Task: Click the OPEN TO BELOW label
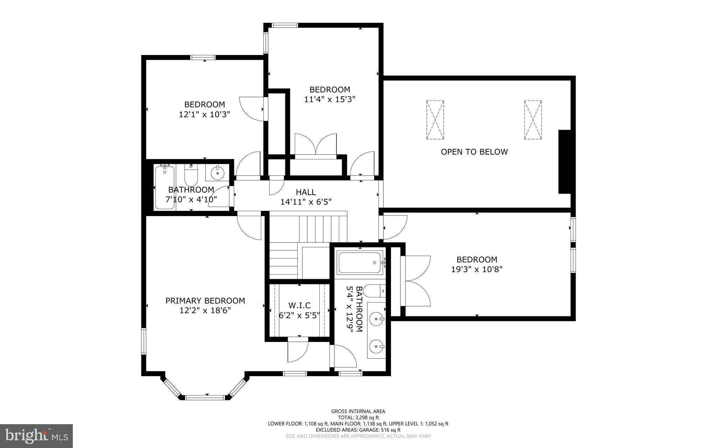(x=474, y=152)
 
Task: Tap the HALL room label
(x=306, y=192)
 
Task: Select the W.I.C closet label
(x=299, y=305)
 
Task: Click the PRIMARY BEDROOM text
(x=205, y=301)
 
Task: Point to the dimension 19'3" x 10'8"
(x=476, y=269)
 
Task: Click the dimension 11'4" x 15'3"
(x=329, y=99)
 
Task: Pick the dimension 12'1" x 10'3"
(x=204, y=114)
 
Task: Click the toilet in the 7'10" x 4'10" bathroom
(x=191, y=176)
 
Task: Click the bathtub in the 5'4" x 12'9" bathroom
(x=360, y=263)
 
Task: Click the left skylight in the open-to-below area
(x=435, y=120)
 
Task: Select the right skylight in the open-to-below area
(x=533, y=120)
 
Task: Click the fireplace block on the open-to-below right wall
(x=564, y=161)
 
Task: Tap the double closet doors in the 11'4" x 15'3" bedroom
(x=315, y=145)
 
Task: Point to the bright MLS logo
(x=36, y=436)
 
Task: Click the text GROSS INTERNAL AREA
(x=358, y=411)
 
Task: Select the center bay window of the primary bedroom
(x=204, y=397)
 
